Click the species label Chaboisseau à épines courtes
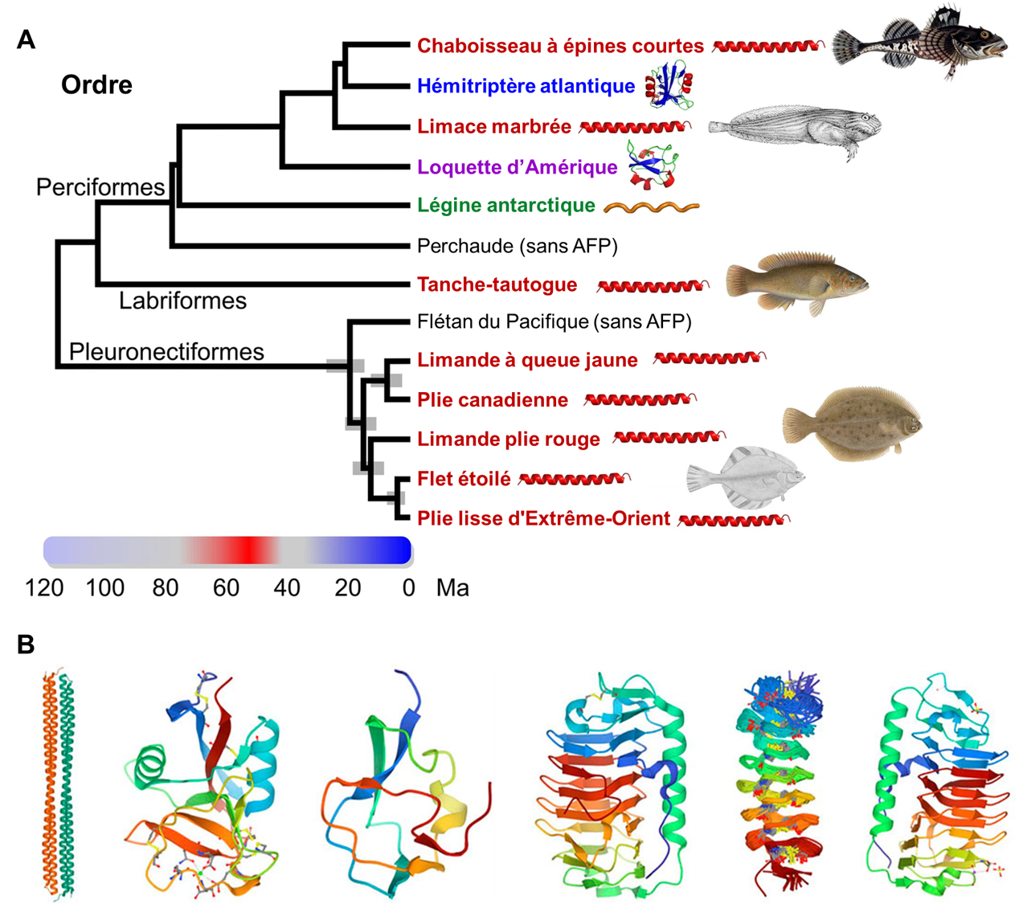coord(560,46)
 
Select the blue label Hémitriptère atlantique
coord(526,86)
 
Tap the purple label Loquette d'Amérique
coord(517,167)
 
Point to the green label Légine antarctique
coord(505,206)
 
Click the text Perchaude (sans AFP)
coord(517,246)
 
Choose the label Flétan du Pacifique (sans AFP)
coord(554,322)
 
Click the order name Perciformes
coord(100,187)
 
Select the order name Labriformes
coord(182,301)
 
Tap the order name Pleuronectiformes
coord(166,352)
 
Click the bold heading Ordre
coord(96,85)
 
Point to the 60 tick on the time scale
coord(226,588)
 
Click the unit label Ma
coord(452,588)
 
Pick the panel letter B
coord(26,644)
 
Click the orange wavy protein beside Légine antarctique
coord(652,207)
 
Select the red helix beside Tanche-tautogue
coord(653,285)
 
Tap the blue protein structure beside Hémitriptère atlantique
coord(669,85)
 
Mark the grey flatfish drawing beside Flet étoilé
coord(746,479)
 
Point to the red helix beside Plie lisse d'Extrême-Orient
coord(734,521)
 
